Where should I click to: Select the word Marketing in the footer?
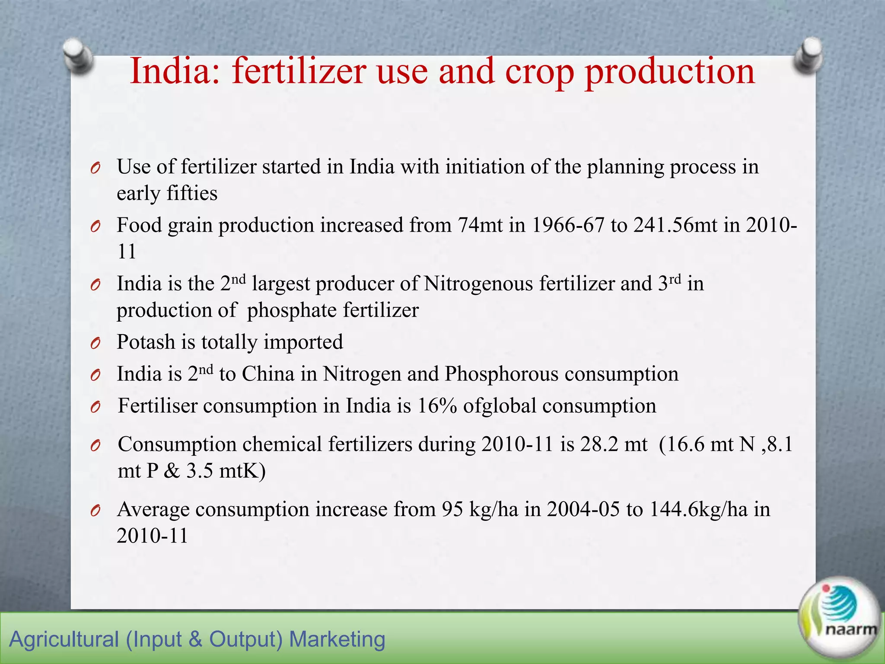[x=337, y=639]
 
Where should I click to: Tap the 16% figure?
[x=437, y=406]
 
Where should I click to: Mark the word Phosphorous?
[x=502, y=374]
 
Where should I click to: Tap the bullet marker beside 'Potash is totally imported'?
[x=96, y=344]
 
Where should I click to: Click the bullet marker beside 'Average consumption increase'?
[x=96, y=511]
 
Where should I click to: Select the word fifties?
[x=192, y=193]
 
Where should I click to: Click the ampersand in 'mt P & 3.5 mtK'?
[x=172, y=471]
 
